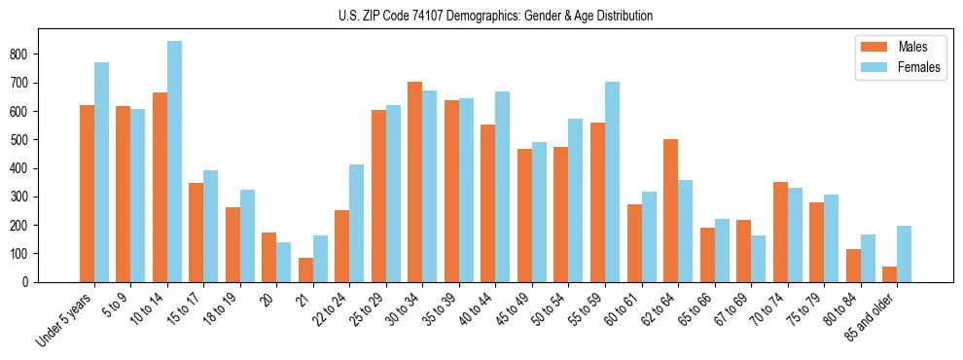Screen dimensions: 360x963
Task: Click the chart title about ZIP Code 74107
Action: click(481, 16)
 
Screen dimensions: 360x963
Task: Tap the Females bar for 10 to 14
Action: click(174, 162)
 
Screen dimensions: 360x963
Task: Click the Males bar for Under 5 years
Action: click(87, 194)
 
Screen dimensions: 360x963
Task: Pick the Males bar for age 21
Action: click(305, 270)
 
